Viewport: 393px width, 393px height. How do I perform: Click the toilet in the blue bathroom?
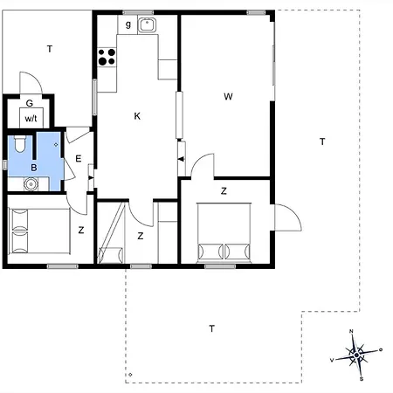[20, 143]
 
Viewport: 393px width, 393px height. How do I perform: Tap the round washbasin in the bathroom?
[31, 184]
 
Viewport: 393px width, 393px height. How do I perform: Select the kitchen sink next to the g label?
[147, 24]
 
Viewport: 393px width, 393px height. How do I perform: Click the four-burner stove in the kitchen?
[107, 57]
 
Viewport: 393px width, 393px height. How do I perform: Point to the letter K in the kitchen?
[137, 116]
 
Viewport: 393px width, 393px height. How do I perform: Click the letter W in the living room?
[228, 96]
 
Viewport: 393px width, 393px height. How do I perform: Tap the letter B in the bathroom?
[34, 168]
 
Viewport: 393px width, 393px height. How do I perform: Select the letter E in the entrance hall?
[78, 159]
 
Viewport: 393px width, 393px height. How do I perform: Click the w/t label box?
[31, 118]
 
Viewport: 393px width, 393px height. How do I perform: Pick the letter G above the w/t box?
[30, 103]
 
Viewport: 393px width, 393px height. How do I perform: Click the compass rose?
[356, 355]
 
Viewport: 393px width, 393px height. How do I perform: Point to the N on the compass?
[351, 331]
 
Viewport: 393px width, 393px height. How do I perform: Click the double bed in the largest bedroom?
[224, 231]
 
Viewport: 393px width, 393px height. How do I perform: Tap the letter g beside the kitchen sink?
[128, 24]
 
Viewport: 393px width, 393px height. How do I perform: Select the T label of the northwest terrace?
[50, 49]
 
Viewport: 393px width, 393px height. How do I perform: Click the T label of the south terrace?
[212, 328]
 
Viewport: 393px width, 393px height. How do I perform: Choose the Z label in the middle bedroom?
[141, 236]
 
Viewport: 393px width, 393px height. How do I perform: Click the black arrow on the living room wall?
[181, 159]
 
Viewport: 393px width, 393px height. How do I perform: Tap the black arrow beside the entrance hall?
[91, 177]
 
